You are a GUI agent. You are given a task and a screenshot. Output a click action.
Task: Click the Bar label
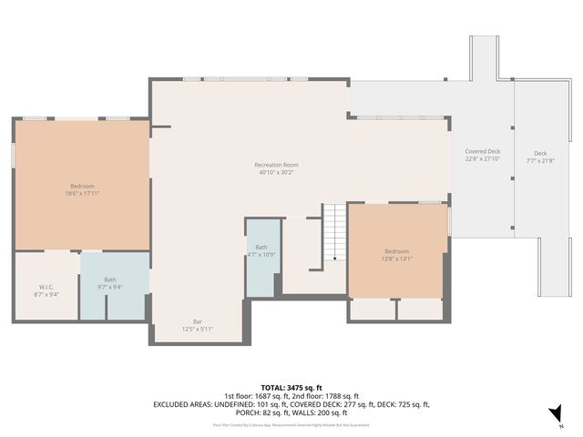(197, 321)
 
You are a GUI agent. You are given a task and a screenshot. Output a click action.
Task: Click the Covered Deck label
(482, 151)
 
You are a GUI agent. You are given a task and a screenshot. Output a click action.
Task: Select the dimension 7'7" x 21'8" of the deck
(540, 160)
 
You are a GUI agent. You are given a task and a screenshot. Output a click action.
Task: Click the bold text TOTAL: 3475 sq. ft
(291, 388)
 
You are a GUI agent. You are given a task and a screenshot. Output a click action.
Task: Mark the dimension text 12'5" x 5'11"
(197, 329)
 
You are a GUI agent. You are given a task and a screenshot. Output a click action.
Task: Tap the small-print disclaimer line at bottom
(291, 424)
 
